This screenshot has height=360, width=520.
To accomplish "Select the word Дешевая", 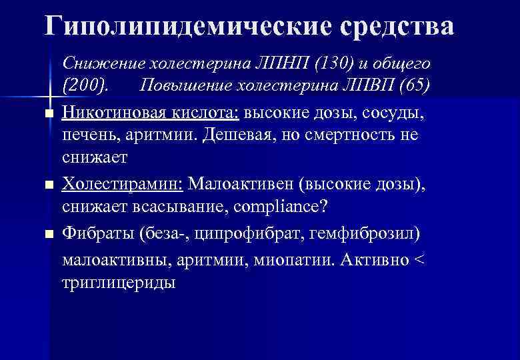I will [271, 135].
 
